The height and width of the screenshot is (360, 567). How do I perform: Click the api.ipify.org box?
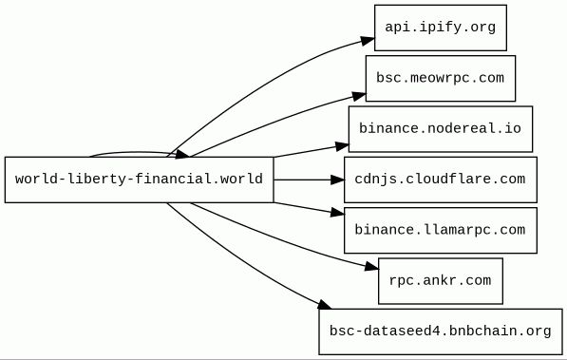tap(441, 28)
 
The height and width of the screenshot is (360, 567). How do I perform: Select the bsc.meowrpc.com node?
tap(441, 79)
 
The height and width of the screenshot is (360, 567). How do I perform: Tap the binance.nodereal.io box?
tap(441, 129)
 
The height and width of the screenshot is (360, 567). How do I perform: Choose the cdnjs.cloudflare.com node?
tap(441, 180)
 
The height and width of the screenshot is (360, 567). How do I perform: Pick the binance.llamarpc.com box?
tap(441, 231)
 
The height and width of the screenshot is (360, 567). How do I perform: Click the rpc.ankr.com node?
tap(441, 281)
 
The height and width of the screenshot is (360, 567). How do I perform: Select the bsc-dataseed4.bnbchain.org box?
tap(441, 332)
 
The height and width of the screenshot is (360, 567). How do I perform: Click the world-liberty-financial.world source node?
tap(140, 180)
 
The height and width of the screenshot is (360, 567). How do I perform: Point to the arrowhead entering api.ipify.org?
tap(368, 41)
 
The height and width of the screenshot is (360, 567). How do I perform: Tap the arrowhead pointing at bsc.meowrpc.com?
tap(359, 96)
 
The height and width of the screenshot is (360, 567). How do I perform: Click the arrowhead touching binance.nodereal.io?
tap(342, 146)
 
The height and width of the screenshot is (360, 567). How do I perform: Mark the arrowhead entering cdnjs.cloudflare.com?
tap(338, 180)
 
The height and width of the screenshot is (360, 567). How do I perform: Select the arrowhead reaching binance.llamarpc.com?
tap(338, 213)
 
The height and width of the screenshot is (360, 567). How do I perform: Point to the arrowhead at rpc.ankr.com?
tap(371, 267)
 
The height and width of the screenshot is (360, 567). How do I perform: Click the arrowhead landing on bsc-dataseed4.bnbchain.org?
tap(325, 305)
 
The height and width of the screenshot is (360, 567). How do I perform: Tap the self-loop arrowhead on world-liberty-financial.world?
tap(182, 155)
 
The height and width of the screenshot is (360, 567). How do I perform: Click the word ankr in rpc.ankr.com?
tap(440, 280)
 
